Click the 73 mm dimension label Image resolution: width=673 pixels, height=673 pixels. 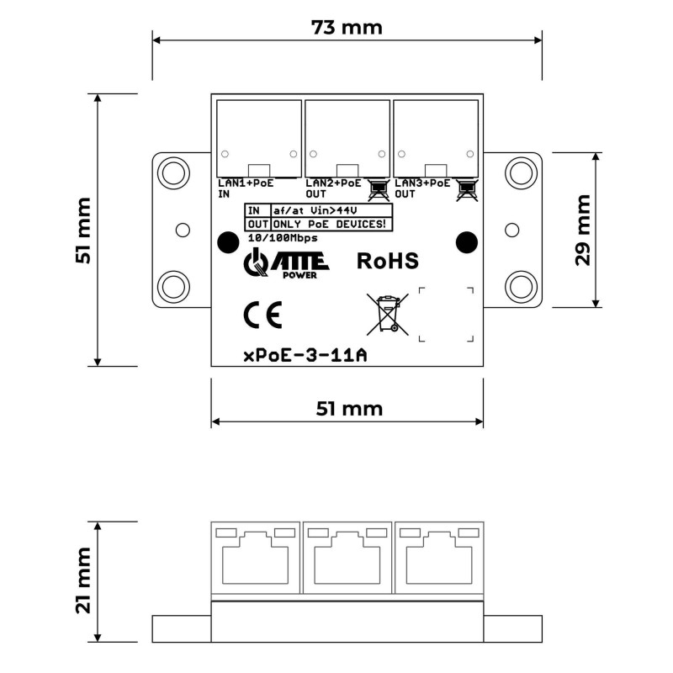click(x=347, y=28)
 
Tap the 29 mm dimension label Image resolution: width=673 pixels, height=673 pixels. click(x=583, y=230)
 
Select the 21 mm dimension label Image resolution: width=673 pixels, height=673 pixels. click(x=83, y=580)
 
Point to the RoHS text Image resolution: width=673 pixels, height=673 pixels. click(x=388, y=261)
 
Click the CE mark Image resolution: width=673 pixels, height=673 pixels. click(x=262, y=315)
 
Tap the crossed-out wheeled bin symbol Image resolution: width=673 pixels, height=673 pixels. click(x=388, y=314)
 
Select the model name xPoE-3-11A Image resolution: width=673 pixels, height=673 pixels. click(x=305, y=356)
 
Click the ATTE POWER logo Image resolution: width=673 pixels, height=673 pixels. click(x=286, y=263)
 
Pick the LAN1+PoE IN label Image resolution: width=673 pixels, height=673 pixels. click(x=246, y=188)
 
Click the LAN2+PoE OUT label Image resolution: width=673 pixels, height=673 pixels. click(x=333, y=188)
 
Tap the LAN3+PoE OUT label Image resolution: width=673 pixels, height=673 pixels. click(x=422, y=188)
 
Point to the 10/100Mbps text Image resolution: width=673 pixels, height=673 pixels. click(x=283, y=238)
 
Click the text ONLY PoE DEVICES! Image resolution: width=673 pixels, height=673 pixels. click(x=329, y=224)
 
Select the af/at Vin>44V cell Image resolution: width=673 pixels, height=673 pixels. click(x=331, y=211)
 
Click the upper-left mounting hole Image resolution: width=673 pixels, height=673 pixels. click(x=174, y=173)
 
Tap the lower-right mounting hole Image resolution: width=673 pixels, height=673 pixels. click(x=521, y=286)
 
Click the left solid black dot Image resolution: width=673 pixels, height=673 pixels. click(x=228, y=242)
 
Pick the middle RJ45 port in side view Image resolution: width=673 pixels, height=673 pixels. click(x=347, y=558)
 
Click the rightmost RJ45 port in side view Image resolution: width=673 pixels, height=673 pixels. click(x=439, y=558)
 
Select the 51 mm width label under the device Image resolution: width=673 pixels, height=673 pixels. click(x=349, y=409)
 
